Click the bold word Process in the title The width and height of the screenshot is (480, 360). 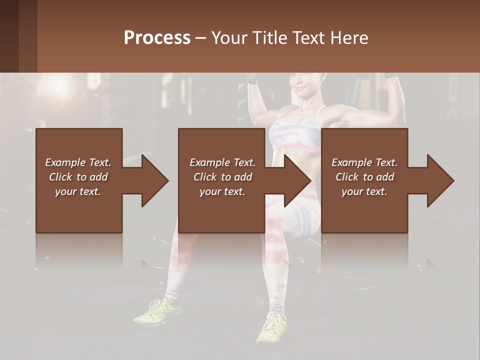[x=157, y=38]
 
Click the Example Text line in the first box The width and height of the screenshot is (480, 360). [x=78, y=162]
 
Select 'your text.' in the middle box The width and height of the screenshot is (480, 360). [x=222, y=191]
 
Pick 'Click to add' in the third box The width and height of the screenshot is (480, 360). [x=364, y=177]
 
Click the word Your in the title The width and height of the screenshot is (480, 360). [x=230, y=38]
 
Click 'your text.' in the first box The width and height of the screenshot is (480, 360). [x=78, y=191]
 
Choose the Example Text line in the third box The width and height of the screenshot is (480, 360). [x=364, y=162]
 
